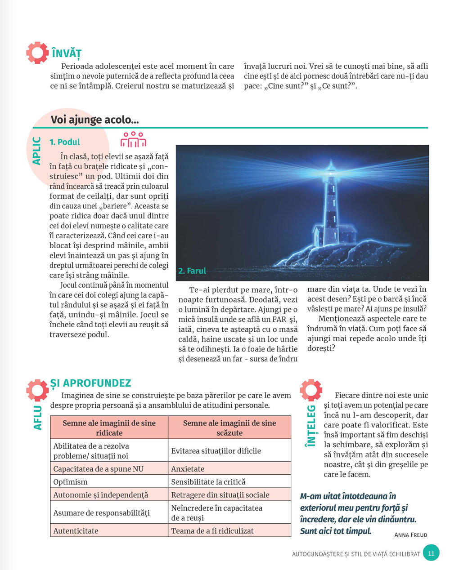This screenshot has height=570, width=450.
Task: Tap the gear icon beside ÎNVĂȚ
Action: [x=37, y=52]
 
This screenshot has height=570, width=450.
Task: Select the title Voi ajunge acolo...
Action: [x=94, y=120]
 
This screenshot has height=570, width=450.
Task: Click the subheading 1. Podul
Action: [x=65, y=142]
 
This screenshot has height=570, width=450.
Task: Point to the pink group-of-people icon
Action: [x=133, y=140]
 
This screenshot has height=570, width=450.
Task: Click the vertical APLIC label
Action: [x=37, y=151]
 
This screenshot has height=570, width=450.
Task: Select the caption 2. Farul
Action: [x=192, y=271]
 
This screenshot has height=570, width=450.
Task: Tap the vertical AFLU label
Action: [x=38, y=418]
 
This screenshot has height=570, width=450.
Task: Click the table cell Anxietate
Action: [x=188, y=469]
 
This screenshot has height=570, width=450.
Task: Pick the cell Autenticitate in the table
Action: [x=76, y=531]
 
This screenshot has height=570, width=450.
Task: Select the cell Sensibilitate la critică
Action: [x=208, y=482]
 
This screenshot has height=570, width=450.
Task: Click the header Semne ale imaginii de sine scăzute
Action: [x=229, y=428]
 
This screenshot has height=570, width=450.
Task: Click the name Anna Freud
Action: [x=410, y=534]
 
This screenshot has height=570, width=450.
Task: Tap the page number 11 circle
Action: [x=431, y=553]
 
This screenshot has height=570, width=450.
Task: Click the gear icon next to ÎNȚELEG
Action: [x=311, y=390]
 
